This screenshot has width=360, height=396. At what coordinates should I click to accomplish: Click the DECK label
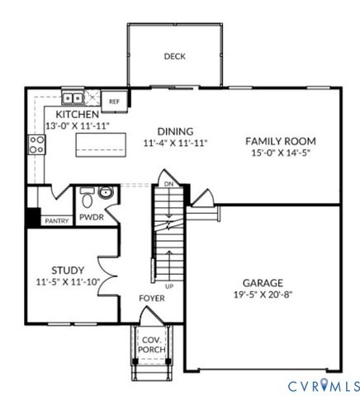coord(174,57)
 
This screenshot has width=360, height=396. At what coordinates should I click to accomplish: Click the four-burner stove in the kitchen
coord(36,145)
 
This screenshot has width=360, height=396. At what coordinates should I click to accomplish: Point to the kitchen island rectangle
coord(100,145)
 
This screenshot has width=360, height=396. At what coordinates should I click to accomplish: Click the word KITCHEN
coord(78,114)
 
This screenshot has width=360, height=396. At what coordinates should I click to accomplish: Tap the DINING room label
coord(174,131)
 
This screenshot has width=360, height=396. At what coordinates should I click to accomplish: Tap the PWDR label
coord(91,219)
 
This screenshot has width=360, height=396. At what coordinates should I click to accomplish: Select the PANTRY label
coord(56,220)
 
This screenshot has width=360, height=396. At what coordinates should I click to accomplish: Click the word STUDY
coord(67,270)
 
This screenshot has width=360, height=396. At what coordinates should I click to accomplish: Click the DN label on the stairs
coord(168,184)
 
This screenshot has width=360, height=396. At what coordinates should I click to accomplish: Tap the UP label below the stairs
coord(170,285)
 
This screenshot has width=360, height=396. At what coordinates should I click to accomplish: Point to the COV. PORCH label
coord(151,345)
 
